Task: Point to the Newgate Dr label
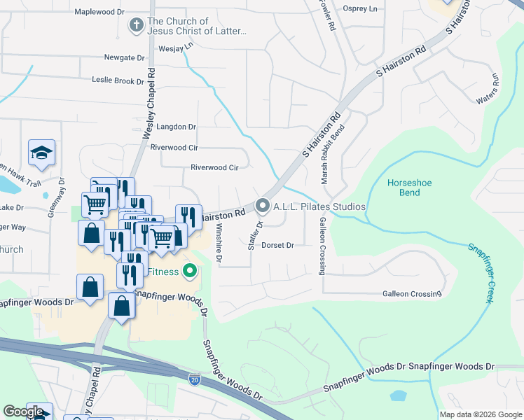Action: click(x=123, y=57)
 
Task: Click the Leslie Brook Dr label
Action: click(x=118, y=80)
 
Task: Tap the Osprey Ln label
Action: click(x=360, y=8)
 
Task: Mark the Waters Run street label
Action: click(x=487, y=89)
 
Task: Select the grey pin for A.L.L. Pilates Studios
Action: click(x=263, y=206)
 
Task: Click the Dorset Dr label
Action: click(x=277, y=246)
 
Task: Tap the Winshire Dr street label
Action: click(x=219, y=244)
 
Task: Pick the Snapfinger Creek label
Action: click(x=480, y=272)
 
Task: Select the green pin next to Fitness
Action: click(x=189, y=270)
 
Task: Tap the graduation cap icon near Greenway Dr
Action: click(x=41, y=152)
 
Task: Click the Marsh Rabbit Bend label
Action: click(x=333, y=154)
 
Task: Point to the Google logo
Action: click(x=23, y=412)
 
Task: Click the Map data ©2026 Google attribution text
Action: click(x=479, y=414)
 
